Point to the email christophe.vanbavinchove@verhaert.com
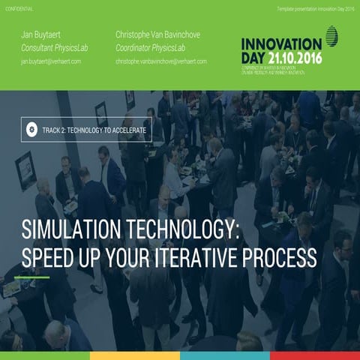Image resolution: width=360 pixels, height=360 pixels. pos(161,61)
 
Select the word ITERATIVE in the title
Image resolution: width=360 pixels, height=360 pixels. pos(208,257)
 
